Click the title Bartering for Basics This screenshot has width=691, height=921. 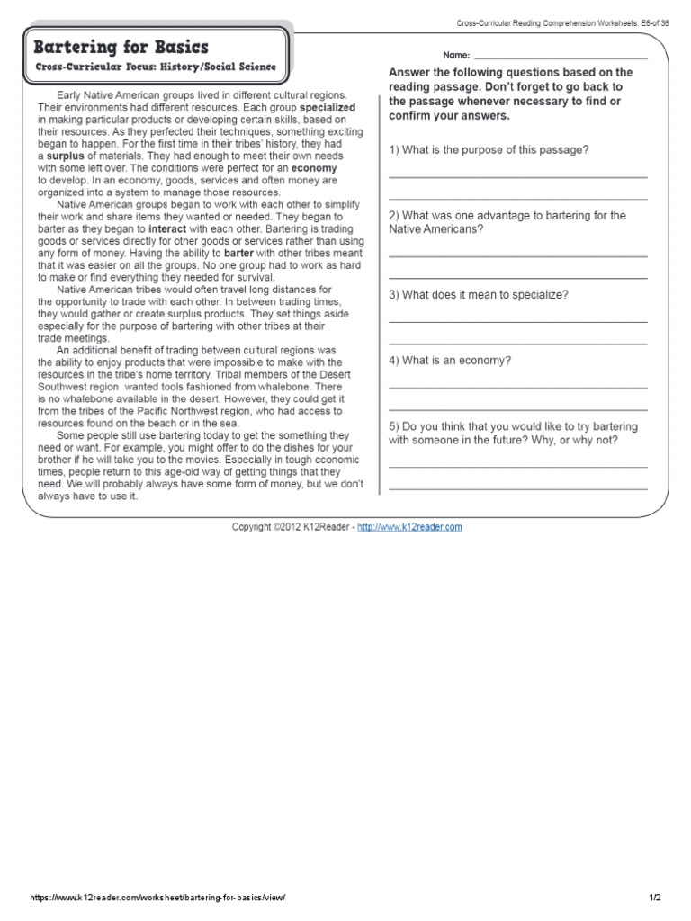coord(121,47)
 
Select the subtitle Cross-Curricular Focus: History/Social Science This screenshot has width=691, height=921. coord(156,67)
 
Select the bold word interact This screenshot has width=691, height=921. coord(174,228)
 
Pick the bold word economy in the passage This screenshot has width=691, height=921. coord(314,167)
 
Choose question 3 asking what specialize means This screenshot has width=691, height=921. coord(477,294)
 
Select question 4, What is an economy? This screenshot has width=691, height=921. coord(450,360)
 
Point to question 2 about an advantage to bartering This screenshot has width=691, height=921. coord(507,222)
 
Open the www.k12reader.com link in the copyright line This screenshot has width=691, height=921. coord(409,527)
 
